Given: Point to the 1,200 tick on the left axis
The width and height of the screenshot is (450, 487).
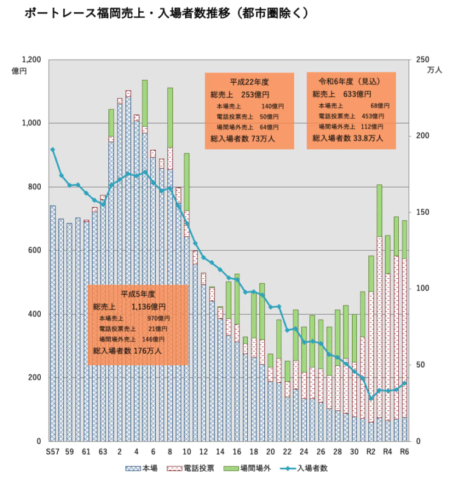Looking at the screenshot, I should (31, 60).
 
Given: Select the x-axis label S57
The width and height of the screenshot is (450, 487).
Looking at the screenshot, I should (52, 452).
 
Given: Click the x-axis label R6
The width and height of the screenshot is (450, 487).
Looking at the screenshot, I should (404, 452).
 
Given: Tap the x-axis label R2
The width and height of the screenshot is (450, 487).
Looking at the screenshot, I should (370, 452).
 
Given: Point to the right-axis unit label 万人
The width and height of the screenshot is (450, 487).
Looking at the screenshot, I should (435, 71).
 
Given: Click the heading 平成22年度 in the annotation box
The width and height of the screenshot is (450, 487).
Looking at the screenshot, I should (249, 81).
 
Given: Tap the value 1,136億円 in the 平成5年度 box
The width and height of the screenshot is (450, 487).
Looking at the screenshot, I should (148, 307).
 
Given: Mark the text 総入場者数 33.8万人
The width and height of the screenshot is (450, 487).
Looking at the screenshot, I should (348, 138).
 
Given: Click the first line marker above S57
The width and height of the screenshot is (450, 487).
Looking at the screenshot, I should (53, 149).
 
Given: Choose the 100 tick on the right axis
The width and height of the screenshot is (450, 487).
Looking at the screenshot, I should (420, 289).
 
